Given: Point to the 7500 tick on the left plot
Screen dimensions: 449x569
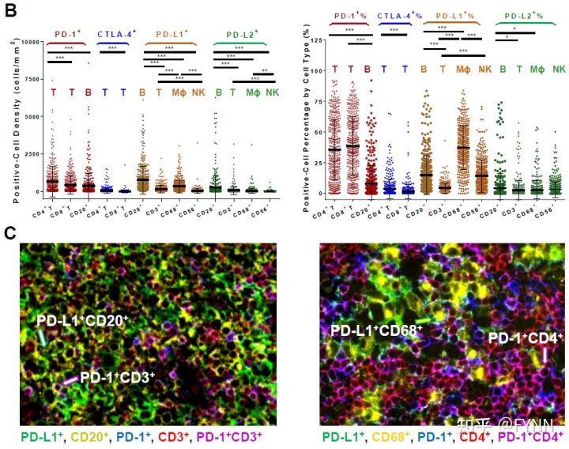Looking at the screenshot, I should tap(32, 79).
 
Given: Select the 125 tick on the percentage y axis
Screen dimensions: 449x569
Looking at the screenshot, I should tap(318, 39).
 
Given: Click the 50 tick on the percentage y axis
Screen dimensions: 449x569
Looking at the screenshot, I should tap(319, 132).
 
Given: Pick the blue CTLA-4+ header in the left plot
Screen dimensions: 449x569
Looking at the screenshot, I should tap(116, 34).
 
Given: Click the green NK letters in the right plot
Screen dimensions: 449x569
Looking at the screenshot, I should tap(559, 70).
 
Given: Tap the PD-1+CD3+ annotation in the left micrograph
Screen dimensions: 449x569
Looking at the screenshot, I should tap(117, 378).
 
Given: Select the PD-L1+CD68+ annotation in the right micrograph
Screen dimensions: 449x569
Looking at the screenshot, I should tap(376, 329).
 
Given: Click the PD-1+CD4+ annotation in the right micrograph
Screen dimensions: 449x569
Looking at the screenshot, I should tap(526, 338).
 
